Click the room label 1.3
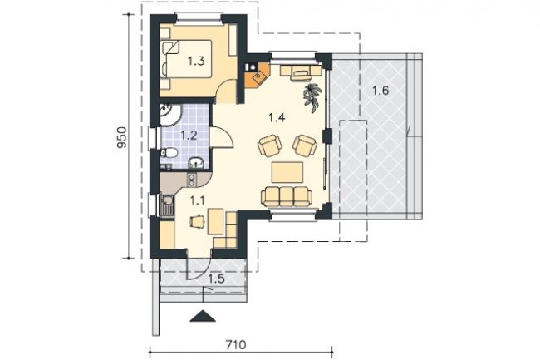[x=196, y=61]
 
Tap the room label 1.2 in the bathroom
[x=189, y=135]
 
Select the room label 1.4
[x=277, y=118]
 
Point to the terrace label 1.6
[x=380, y=91]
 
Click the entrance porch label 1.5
[x=217, y=279]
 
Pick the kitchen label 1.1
[x=198, y=200]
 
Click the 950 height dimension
[x=122, y=137]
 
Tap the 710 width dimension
[x=236, y=344]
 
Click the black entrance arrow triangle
[x=203, y=316]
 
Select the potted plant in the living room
[x=312, y=97]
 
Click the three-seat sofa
[x=287, y=196]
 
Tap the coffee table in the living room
[x=287, y=172]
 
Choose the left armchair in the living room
[x=270, y=145]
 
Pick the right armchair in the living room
[x=305, y=145]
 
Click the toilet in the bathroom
[x=169, y=153]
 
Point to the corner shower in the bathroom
[x=169, y=114]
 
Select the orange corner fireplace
[x=258, y=75]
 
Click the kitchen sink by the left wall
[x=167, y=205]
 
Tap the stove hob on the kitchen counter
[x=191, y=180]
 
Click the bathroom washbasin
[x=196, y=163]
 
